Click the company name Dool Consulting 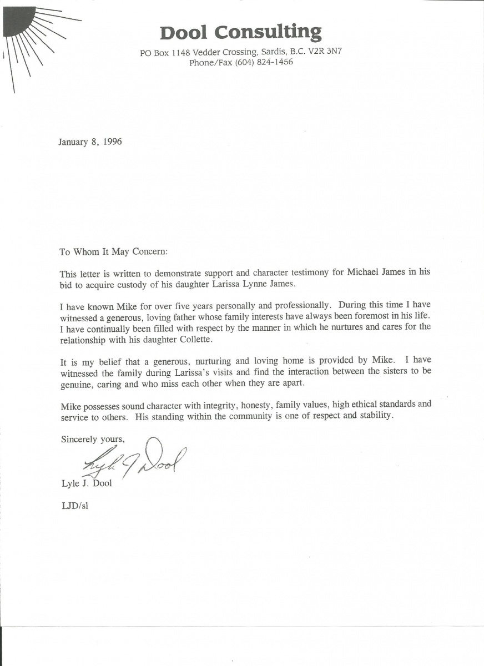241,32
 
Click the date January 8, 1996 90,142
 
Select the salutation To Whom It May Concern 113,251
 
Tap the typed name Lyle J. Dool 87,483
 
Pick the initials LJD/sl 74,506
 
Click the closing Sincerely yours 93,439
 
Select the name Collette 196,340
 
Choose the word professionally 293,305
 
